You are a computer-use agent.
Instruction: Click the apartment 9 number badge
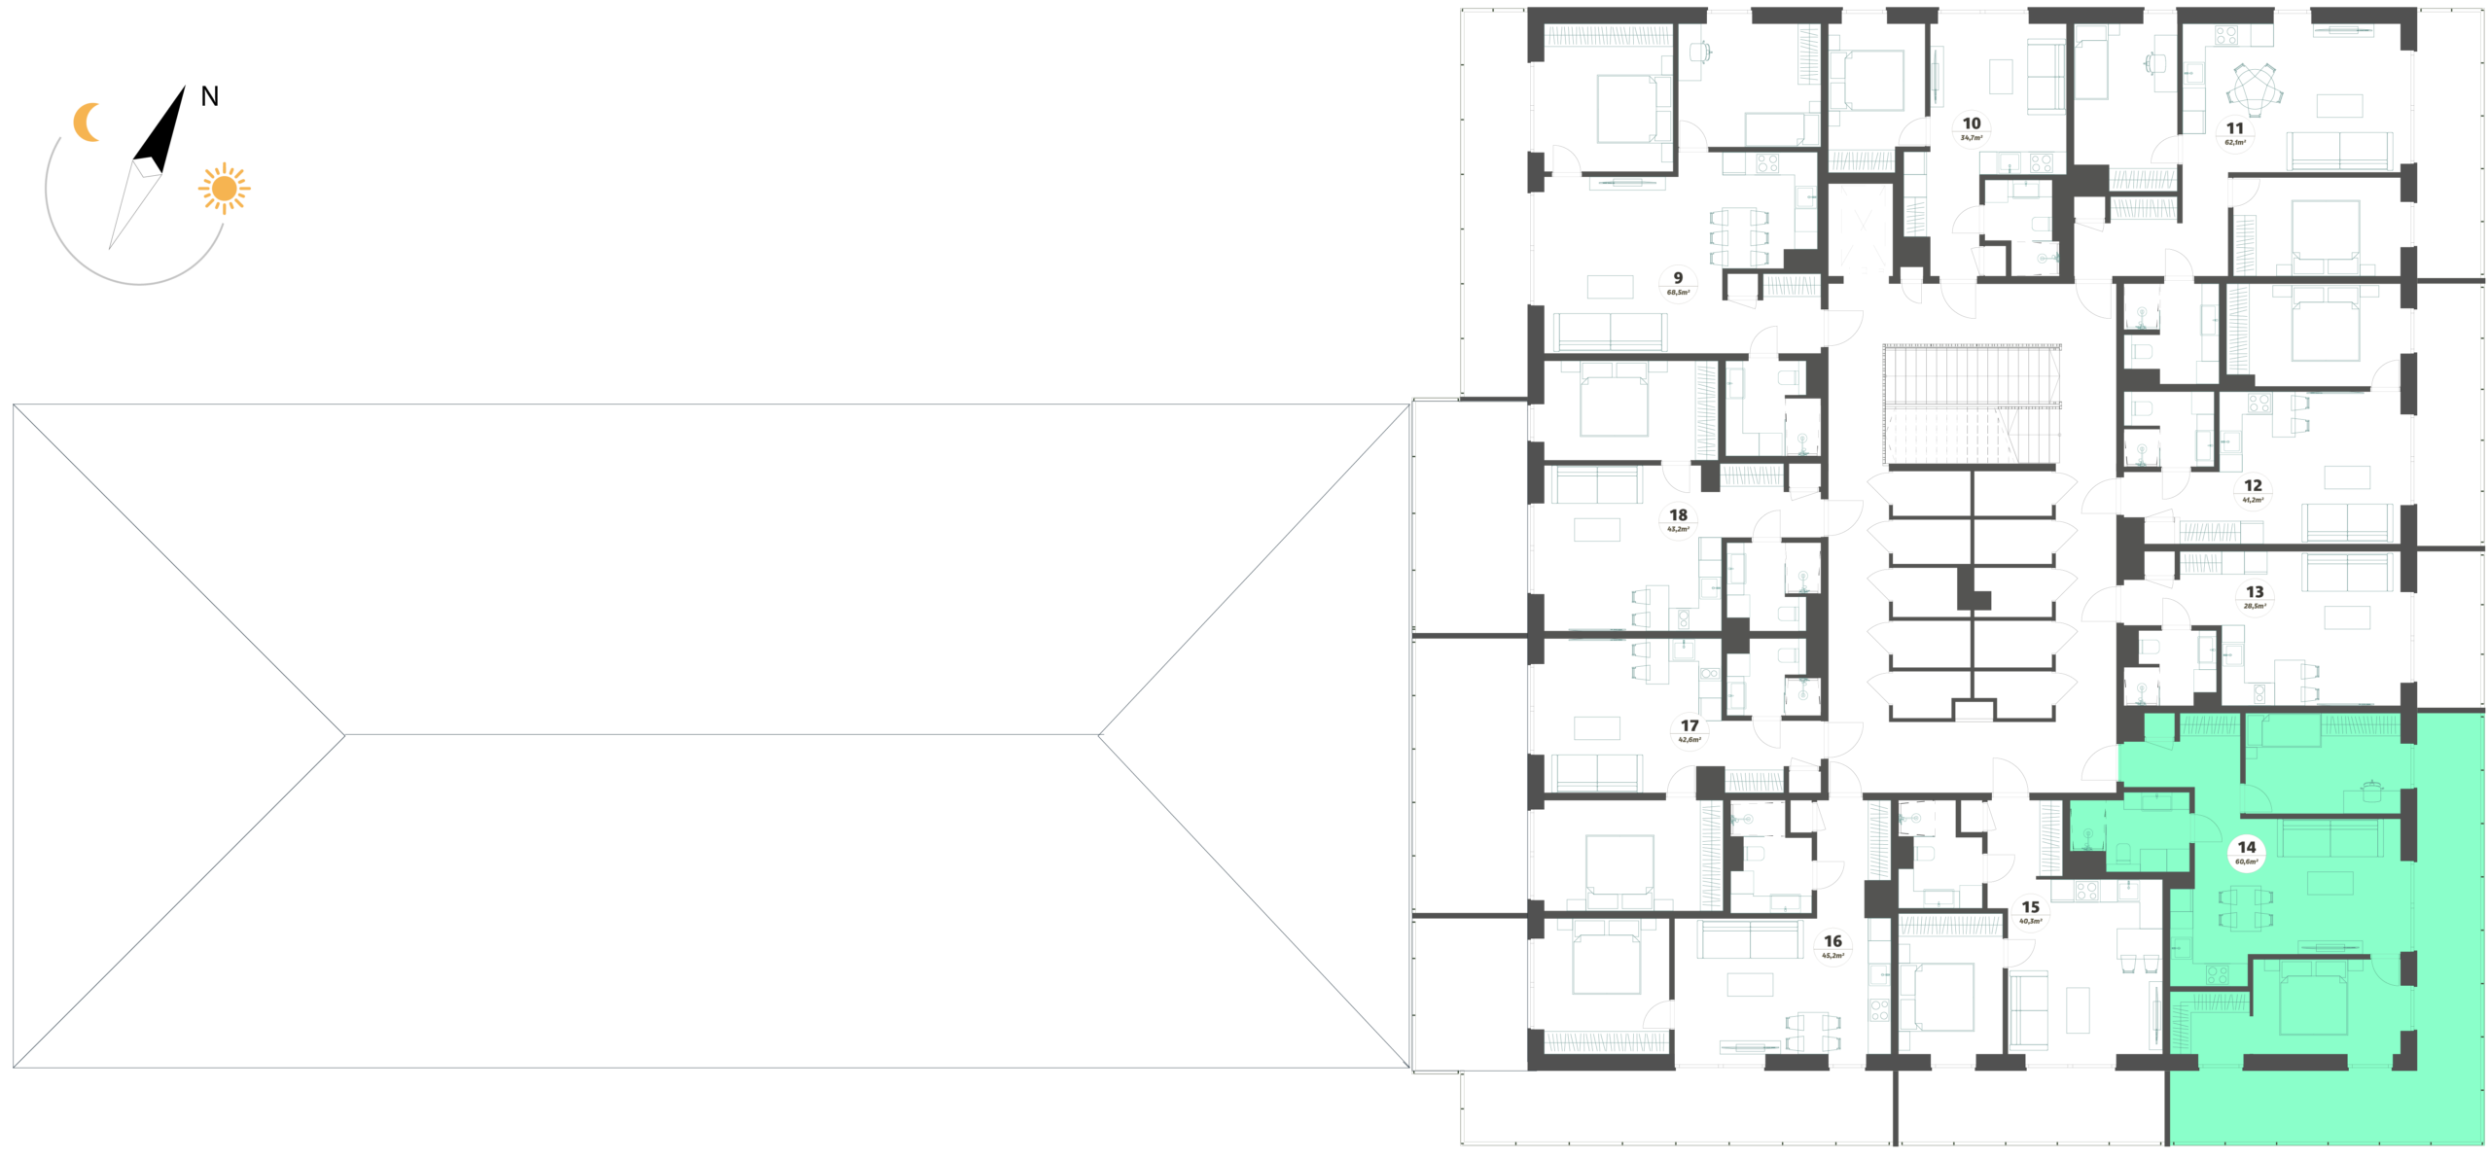pos(1678,284)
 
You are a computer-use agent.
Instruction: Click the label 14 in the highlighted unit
pos(2246,853)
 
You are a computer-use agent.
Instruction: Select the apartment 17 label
pos(1690,730)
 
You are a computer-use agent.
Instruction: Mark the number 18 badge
pos(1678,520)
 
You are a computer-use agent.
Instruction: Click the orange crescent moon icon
pos(88,123)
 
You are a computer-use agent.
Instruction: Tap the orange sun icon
pos(225,188)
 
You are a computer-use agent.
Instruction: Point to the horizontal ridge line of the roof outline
pos(721,734)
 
